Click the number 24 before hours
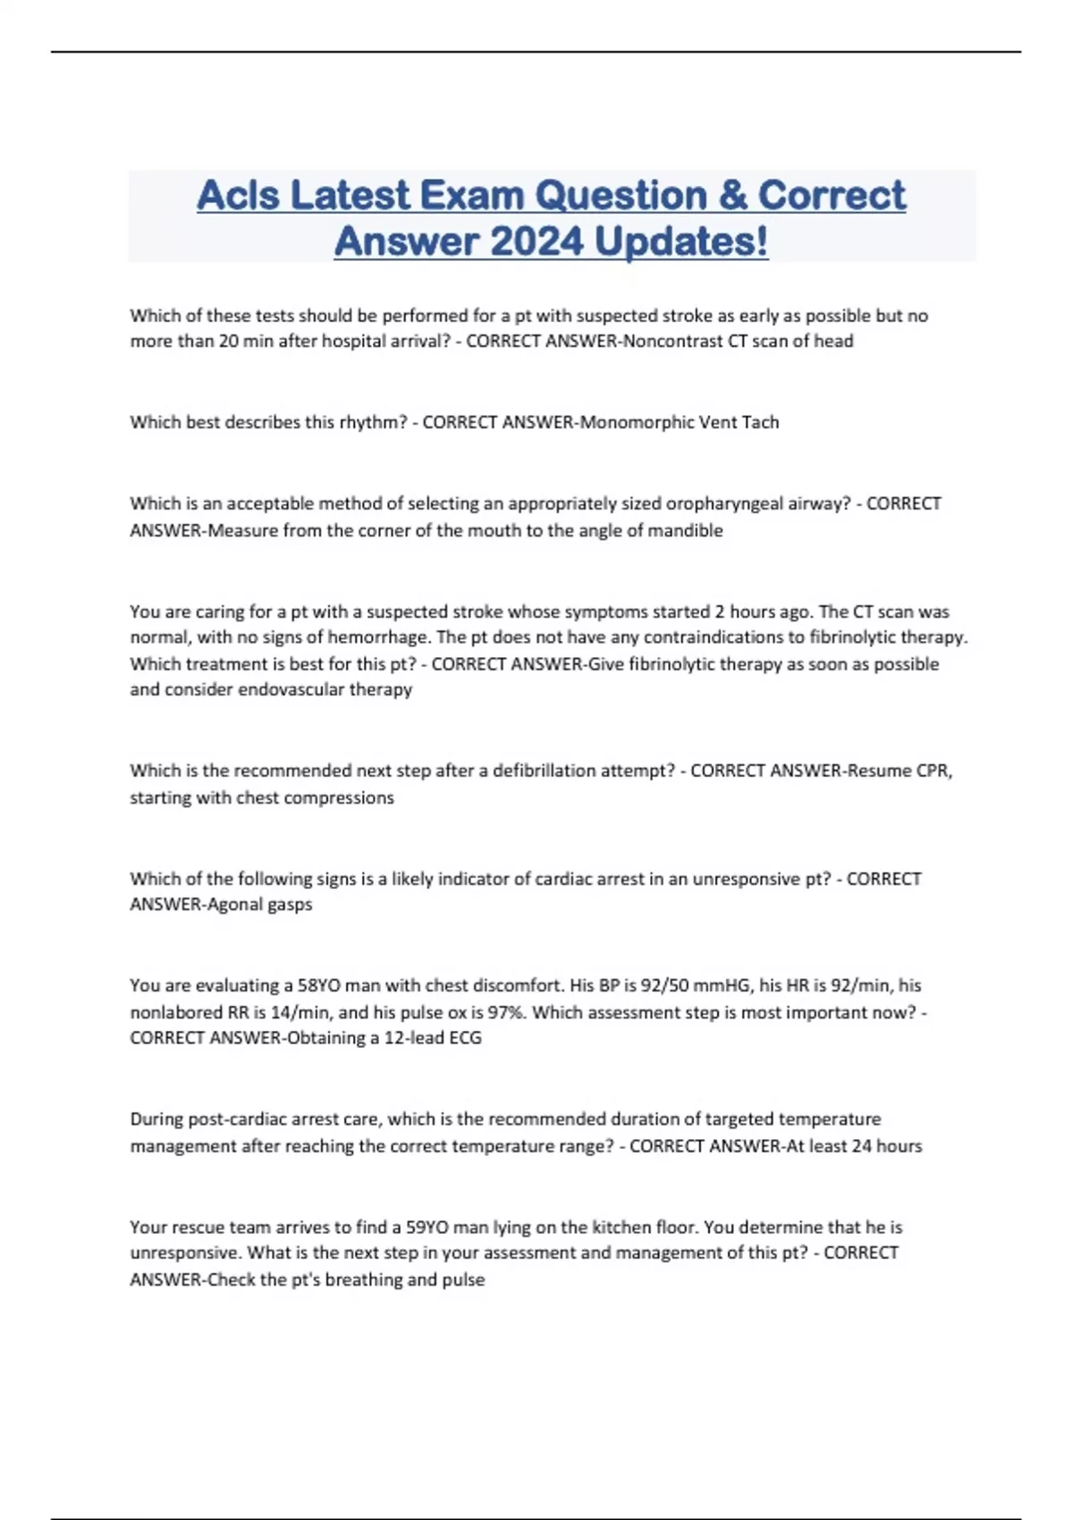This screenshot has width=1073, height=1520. click(862, 1146)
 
